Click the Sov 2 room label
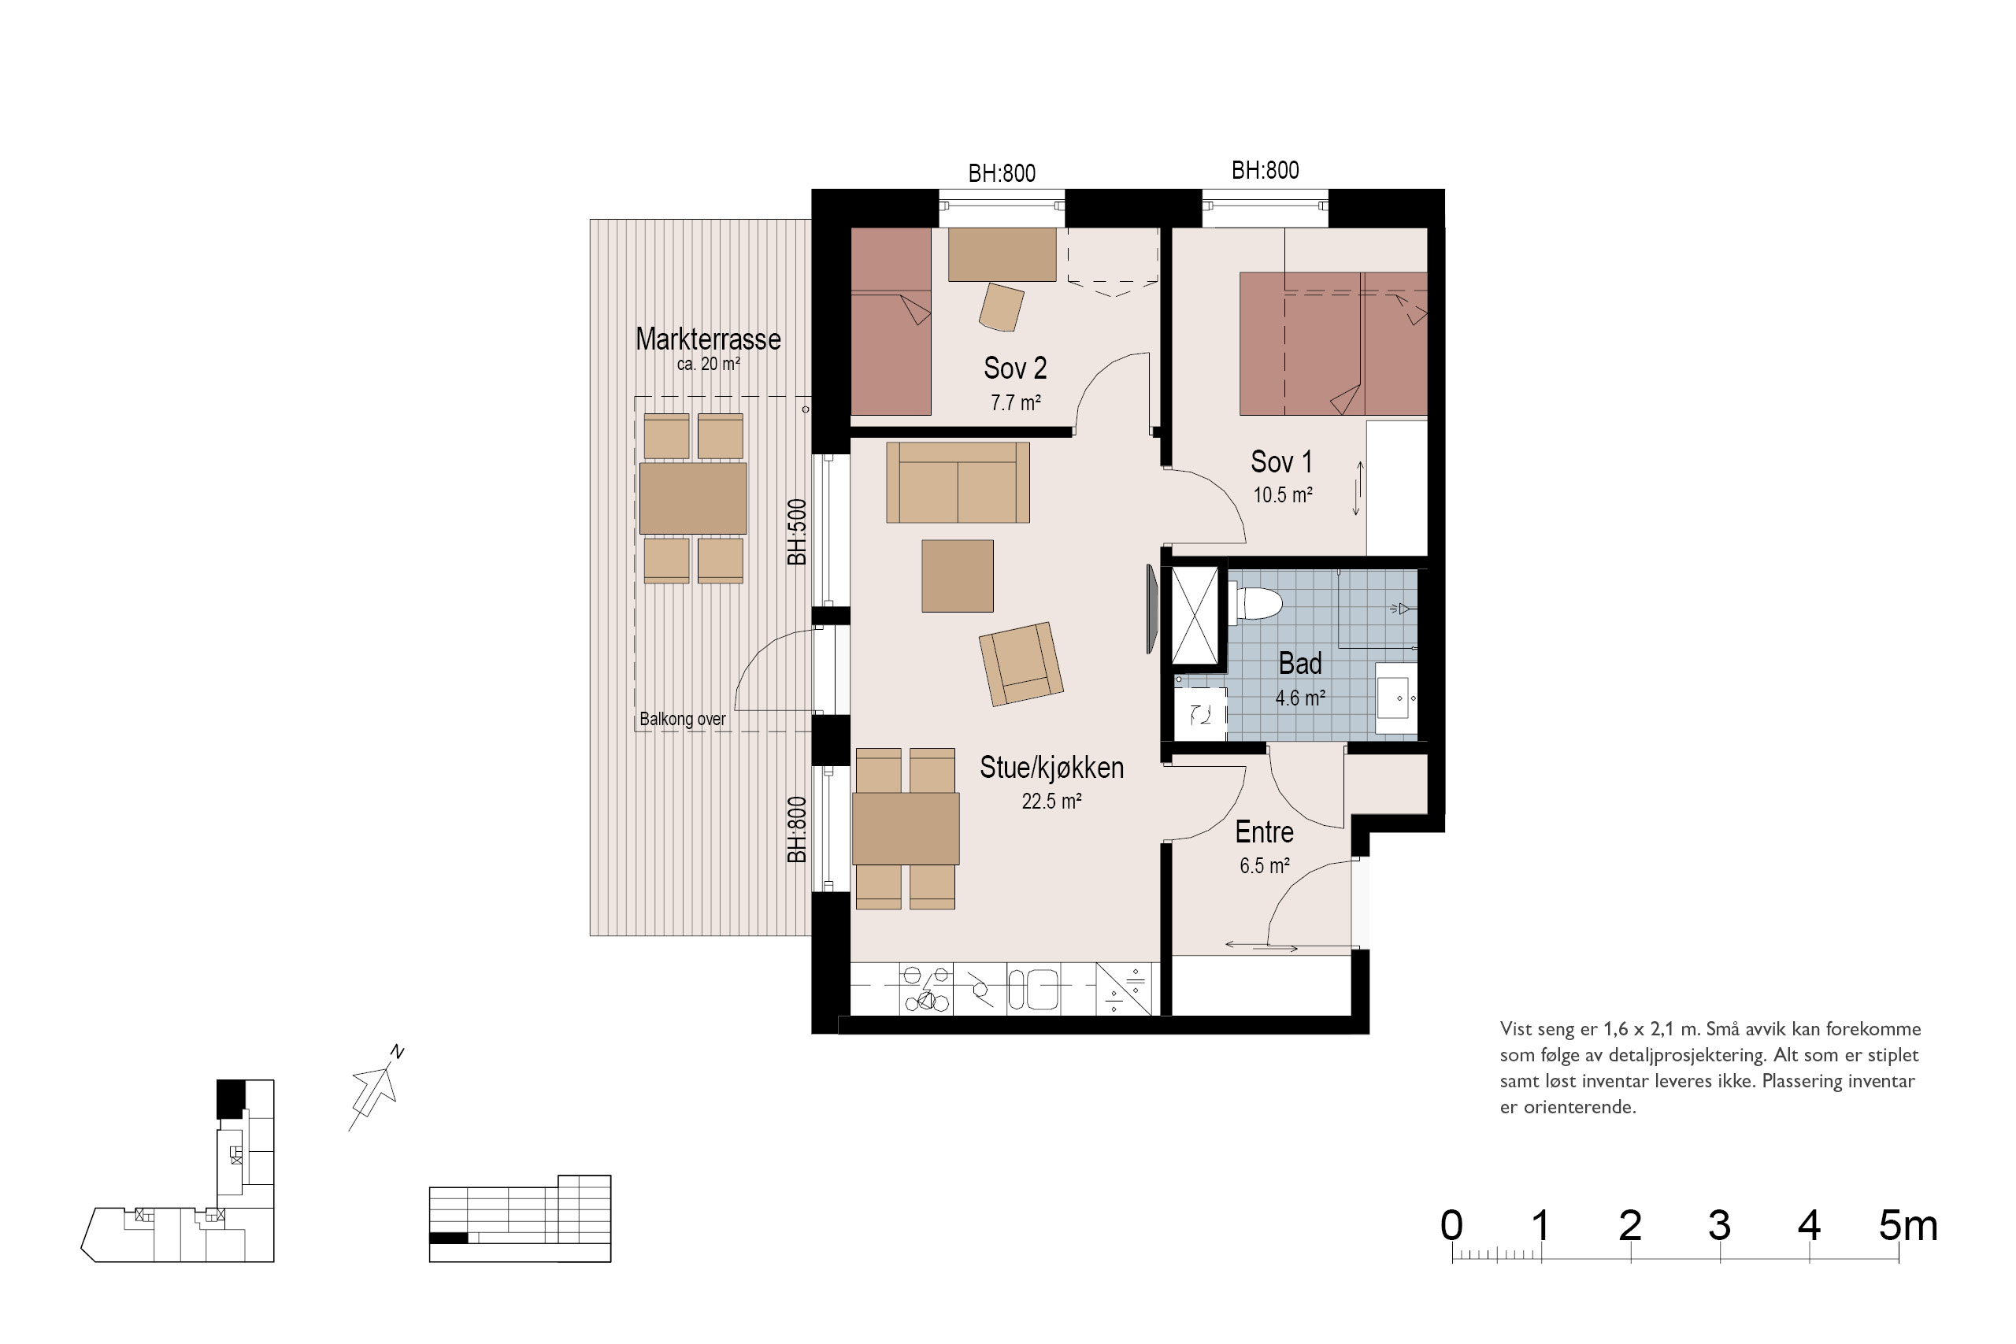pyautogui.click(x=1015, y=368)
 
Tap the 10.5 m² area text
pyautogui.click(x=1282, y=495)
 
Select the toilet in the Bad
pyautogui.click(x=1258, y=602)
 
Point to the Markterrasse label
pyautogui.click(x=708, y=339)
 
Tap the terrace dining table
pyautogui.click(x=692, y=498)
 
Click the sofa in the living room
pyautogui.click(x=958, y=483)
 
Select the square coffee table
pyautogui.click(x=958, y=576)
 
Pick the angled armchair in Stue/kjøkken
pyautogui.click(x=1021, y=665)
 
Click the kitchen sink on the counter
pyautogui.click(x=1033, y=990)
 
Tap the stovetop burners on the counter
pyautogui.click(x=926, y=989)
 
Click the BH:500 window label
pyautogui.click(x=797, y=532)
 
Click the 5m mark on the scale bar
pyautogui.click(x=1908, y=1227)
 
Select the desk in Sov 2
pyautogui.click(x=1001, y=254)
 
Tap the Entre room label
pyautogui.click(x=1263, y=832)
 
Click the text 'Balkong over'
pyautogui.click(x=682, y=719)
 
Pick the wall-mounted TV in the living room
pyautogui.click(x=1153, y=609)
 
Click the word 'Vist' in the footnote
pyautogui.click(x=1515, y=1029)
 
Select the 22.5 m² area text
pyautogui.click(x=1051, y=802)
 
